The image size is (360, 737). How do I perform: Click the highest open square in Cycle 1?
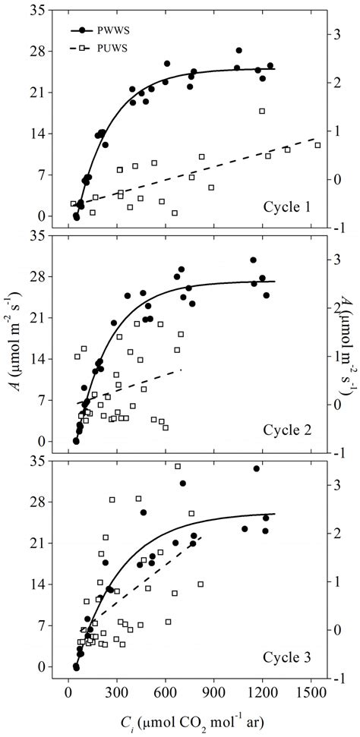tap(262, 111)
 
